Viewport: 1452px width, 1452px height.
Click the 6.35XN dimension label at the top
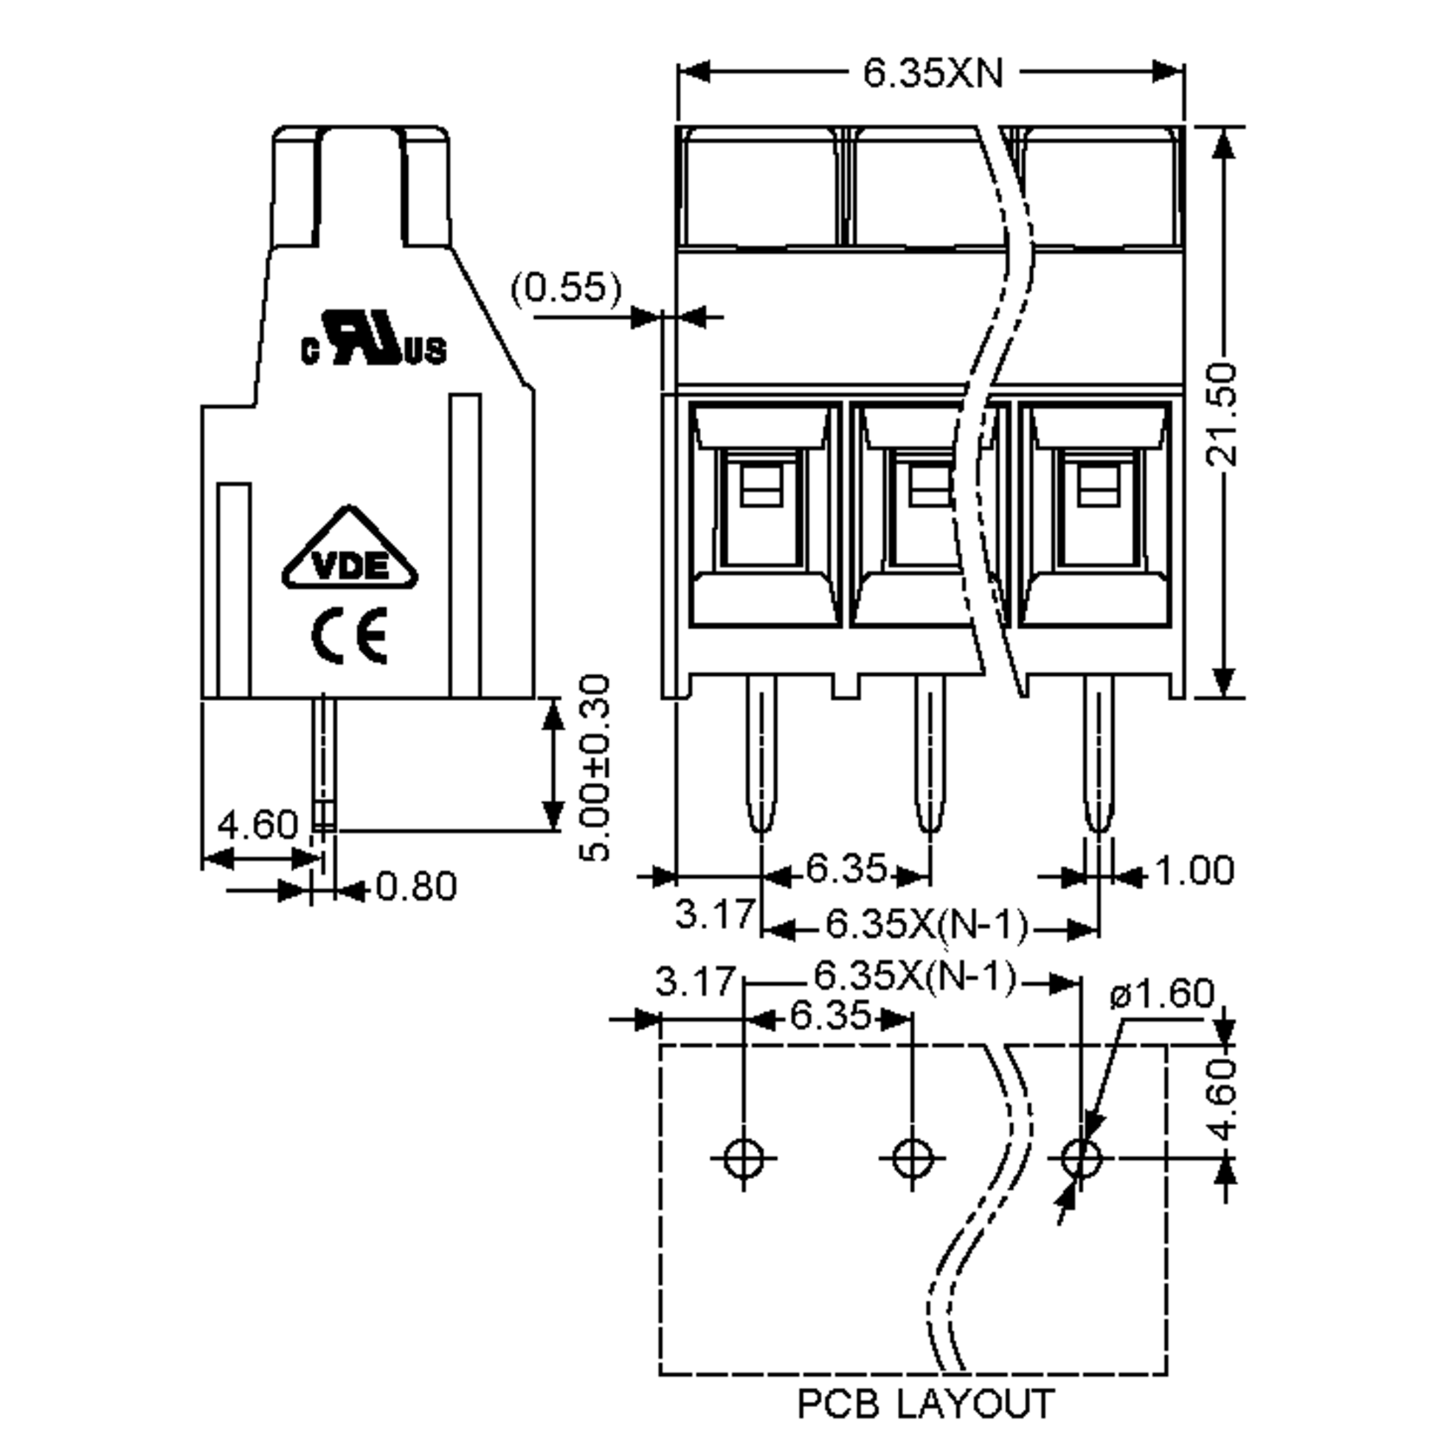932,74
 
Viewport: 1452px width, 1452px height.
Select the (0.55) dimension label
567,289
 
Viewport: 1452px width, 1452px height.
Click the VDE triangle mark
350,552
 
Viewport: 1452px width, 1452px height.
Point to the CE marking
350,636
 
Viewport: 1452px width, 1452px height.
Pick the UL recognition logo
373,339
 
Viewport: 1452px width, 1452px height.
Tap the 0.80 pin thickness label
416,887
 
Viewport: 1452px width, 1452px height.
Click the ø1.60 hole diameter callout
1162,994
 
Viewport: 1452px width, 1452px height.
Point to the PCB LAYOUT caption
925,1404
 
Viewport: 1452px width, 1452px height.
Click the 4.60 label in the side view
258,825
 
